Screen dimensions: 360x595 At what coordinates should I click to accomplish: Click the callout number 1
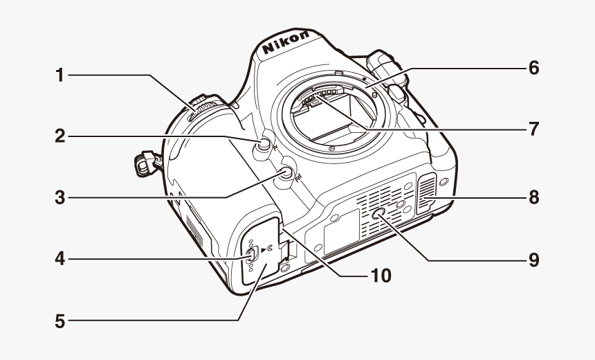(60, 75)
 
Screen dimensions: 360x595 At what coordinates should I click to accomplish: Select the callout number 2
(60, 136)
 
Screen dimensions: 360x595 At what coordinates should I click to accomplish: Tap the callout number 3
(60, 198)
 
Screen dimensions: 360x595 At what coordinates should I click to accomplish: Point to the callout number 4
(60, 260)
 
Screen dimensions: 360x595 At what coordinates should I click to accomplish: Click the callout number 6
(533, 68)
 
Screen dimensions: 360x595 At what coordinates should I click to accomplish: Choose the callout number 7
(533, 129)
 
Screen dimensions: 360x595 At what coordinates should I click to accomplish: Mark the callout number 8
(533, 197)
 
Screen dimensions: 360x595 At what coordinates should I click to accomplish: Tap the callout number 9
(533, 260)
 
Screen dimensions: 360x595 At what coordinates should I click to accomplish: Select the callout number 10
(380, 276)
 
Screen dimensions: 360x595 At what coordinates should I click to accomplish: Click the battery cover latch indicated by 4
(253, 254)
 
